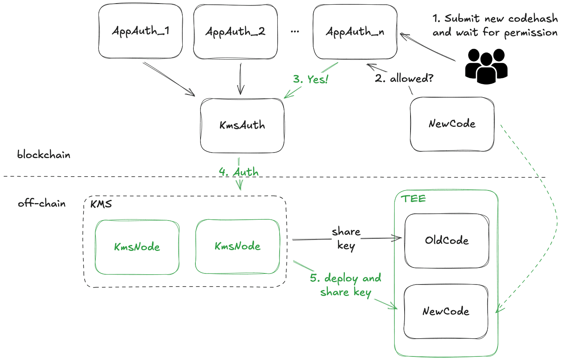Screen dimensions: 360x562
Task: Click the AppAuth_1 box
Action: click(140, 31)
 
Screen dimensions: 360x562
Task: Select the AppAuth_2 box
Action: click(235, 32)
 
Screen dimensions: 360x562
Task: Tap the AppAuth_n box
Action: click(355, 32)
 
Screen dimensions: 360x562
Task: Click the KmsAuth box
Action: click(242, 125)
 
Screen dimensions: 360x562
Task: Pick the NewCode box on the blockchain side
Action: click(452, 124)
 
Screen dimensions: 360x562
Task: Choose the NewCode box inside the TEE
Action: click(446, 311)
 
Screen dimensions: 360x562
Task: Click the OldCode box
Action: click(447, 240)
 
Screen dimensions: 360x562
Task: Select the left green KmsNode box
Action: click(137, 247)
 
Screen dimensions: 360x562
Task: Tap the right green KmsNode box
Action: click(237, 246)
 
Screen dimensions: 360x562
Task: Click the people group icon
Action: click(486, 66)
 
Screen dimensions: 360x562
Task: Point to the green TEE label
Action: click(413, 199)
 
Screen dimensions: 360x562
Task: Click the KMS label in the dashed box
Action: click(101, 204)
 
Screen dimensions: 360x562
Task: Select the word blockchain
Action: click(44, 155)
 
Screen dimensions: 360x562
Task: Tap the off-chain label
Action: click(42, 204)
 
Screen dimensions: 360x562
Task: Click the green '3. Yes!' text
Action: click(310, 79)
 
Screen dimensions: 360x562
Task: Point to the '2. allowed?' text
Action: click(404, 79)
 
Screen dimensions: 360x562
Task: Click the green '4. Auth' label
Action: click(239, 172)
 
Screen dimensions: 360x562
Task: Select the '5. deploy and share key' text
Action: click(346, 285)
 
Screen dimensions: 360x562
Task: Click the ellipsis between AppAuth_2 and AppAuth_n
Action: click(295, 32)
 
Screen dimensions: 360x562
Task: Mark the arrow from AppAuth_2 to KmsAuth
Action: click(240, 79)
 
